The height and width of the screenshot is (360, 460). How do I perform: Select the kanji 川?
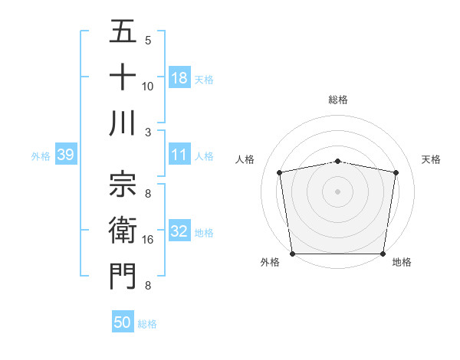tap(123, 123)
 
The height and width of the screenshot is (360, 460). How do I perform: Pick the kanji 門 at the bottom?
tap(123, 277)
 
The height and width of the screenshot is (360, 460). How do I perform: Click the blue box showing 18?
tap(179, 77)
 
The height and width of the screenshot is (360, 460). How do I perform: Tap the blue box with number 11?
tap(179, 155)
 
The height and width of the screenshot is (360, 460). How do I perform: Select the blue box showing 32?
tap(179, 231)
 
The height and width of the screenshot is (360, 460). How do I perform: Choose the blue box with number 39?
tap(65, 155)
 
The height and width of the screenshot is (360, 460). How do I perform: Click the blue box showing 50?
tap(123, 322)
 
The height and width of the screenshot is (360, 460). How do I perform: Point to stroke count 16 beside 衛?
tap(148, 240)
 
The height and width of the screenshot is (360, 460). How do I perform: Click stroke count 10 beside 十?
tap(148, 86)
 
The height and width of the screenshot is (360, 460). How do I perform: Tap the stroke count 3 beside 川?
tap(148, 132)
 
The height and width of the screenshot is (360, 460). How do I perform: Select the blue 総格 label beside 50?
tap(147, 324)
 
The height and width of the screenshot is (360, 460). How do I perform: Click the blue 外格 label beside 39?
tap(41, 156)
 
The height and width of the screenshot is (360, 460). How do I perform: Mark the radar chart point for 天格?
tap(396, 172)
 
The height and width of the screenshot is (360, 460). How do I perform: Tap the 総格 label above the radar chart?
tap(338, 100)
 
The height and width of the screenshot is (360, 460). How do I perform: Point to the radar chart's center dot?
tap(338, 191)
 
